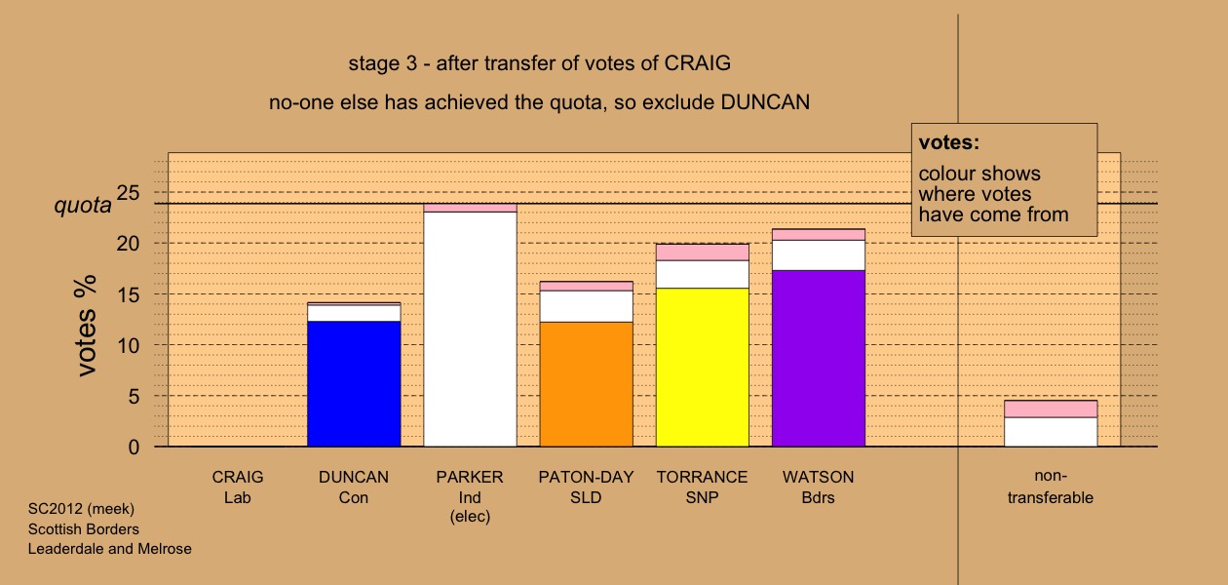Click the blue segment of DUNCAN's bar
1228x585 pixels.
[354, 384]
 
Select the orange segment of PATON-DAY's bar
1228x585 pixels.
[586, 384]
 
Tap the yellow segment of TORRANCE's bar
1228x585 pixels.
[703, 368]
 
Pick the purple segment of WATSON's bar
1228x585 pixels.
[819, 359]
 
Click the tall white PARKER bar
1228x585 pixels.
[470, 329]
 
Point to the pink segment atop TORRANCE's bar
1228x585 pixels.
[703, 253]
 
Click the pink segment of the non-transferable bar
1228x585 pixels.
[1051, 409]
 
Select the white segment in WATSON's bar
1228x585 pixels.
[819, 255]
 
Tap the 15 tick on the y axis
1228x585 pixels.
[128, 294]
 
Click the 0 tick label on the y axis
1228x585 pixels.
[134, 448]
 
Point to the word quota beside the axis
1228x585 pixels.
[83, 206]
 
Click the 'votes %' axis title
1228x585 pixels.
[86, 326]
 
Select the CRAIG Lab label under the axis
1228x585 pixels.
[238, 487]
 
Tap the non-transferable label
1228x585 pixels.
[1051, 487]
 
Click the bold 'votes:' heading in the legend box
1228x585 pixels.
[949, 142]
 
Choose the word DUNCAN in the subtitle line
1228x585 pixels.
[765, 102]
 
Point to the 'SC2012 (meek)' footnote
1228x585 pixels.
[81, 509]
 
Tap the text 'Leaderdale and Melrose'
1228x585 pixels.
[109, 549]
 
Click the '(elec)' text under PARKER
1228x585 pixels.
[470, 517]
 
